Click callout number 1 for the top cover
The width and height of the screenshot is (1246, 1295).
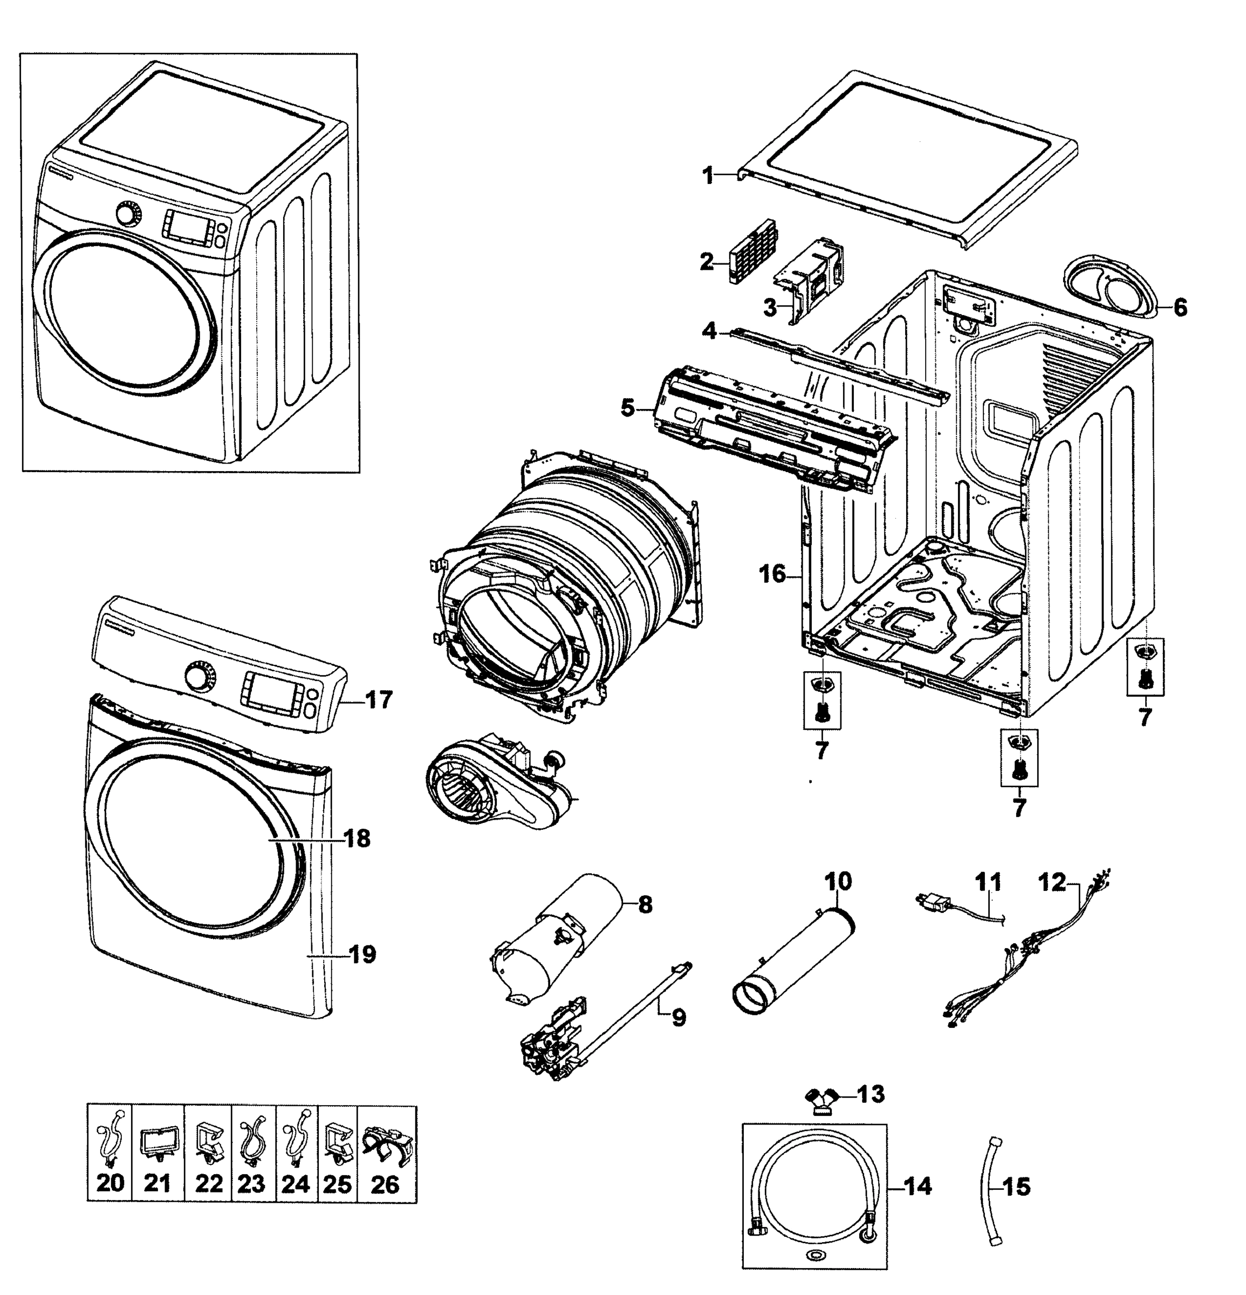pyautogui.click(x=707, y=176)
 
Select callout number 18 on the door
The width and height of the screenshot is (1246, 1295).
pyautogui.click(x=357, y=839)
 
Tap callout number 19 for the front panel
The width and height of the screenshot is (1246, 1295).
pyautogui.click(x=362, y=954)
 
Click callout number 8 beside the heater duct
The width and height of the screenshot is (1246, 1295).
pyautogui.click(x=645, y=904)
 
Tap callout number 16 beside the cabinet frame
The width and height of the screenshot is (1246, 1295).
pyautogui.click(x=772, y=574)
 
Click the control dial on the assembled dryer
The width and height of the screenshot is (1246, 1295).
pyautogui.click(x=129, y=214)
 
